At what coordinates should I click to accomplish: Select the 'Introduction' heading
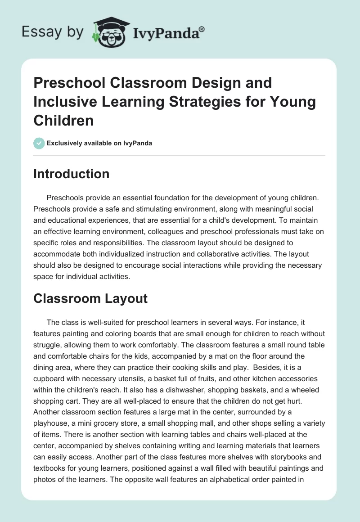pyautogui.click(x=71, y=174)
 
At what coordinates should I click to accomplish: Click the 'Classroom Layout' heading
pyautogui.click(x=90, y=298)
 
